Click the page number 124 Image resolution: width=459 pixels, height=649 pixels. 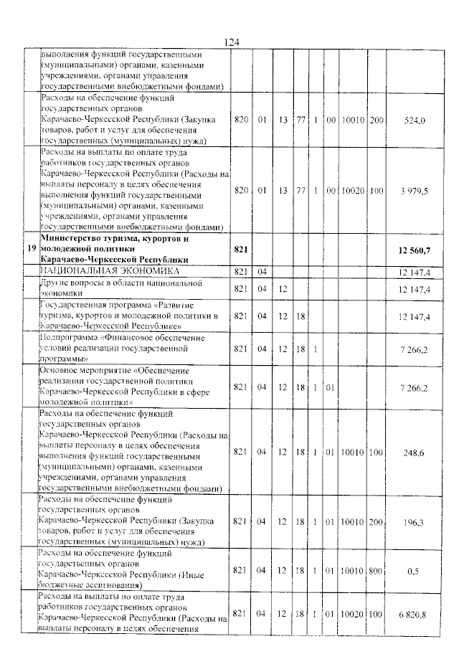point(231,42)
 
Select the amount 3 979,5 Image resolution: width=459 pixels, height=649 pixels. point(414,191)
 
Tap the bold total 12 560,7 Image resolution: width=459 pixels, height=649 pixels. point(412,249)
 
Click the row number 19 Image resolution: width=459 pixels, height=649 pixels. point(29,249)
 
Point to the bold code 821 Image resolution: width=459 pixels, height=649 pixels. point(240,249)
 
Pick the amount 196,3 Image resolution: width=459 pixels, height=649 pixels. point(415,522)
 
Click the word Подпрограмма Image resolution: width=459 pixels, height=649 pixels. point(70,336)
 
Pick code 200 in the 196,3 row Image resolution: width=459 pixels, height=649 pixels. point(376,522)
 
